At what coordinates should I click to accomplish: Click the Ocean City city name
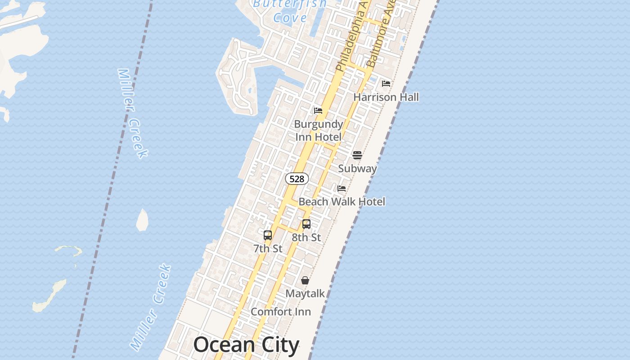246,345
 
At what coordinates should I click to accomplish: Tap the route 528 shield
297,179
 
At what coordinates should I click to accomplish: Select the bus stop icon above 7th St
268,235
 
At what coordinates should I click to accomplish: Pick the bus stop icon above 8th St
306,224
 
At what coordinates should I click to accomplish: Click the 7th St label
268,248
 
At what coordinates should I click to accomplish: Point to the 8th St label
306,237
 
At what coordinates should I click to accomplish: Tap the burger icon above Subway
357,155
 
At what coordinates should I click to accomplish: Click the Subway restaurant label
357,168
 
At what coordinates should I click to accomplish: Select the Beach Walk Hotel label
342,202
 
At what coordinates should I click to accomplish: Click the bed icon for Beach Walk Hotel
342,189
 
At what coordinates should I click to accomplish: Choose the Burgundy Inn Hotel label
319,130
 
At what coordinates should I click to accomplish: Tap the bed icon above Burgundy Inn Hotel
318,111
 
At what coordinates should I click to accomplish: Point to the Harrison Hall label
386,97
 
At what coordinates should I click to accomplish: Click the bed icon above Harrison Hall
386,84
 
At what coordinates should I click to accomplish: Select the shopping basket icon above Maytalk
305,280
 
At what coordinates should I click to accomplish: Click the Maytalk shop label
305,293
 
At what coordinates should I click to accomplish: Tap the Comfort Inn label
281,311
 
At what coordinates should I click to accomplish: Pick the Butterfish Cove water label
290,11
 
